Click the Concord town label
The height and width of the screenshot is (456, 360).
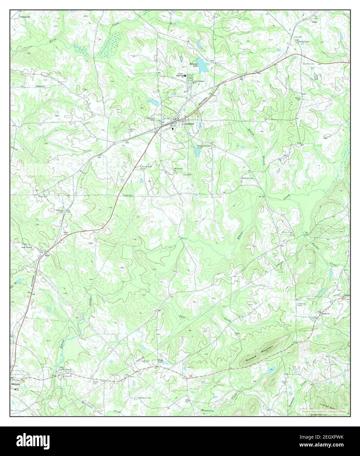(x=189, y=124)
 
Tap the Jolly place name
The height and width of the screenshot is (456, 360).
(x=314, y=22)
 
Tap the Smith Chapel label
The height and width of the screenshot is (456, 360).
(x=304, y=42)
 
